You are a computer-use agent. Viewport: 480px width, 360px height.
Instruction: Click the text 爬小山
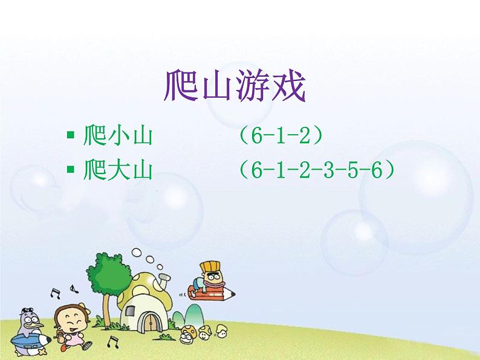(117, 137)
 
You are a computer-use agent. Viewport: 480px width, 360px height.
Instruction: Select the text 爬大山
(117, 171)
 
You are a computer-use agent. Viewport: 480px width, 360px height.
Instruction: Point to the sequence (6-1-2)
(279, 137)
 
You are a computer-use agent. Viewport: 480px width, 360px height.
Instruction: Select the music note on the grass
(112, 342)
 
